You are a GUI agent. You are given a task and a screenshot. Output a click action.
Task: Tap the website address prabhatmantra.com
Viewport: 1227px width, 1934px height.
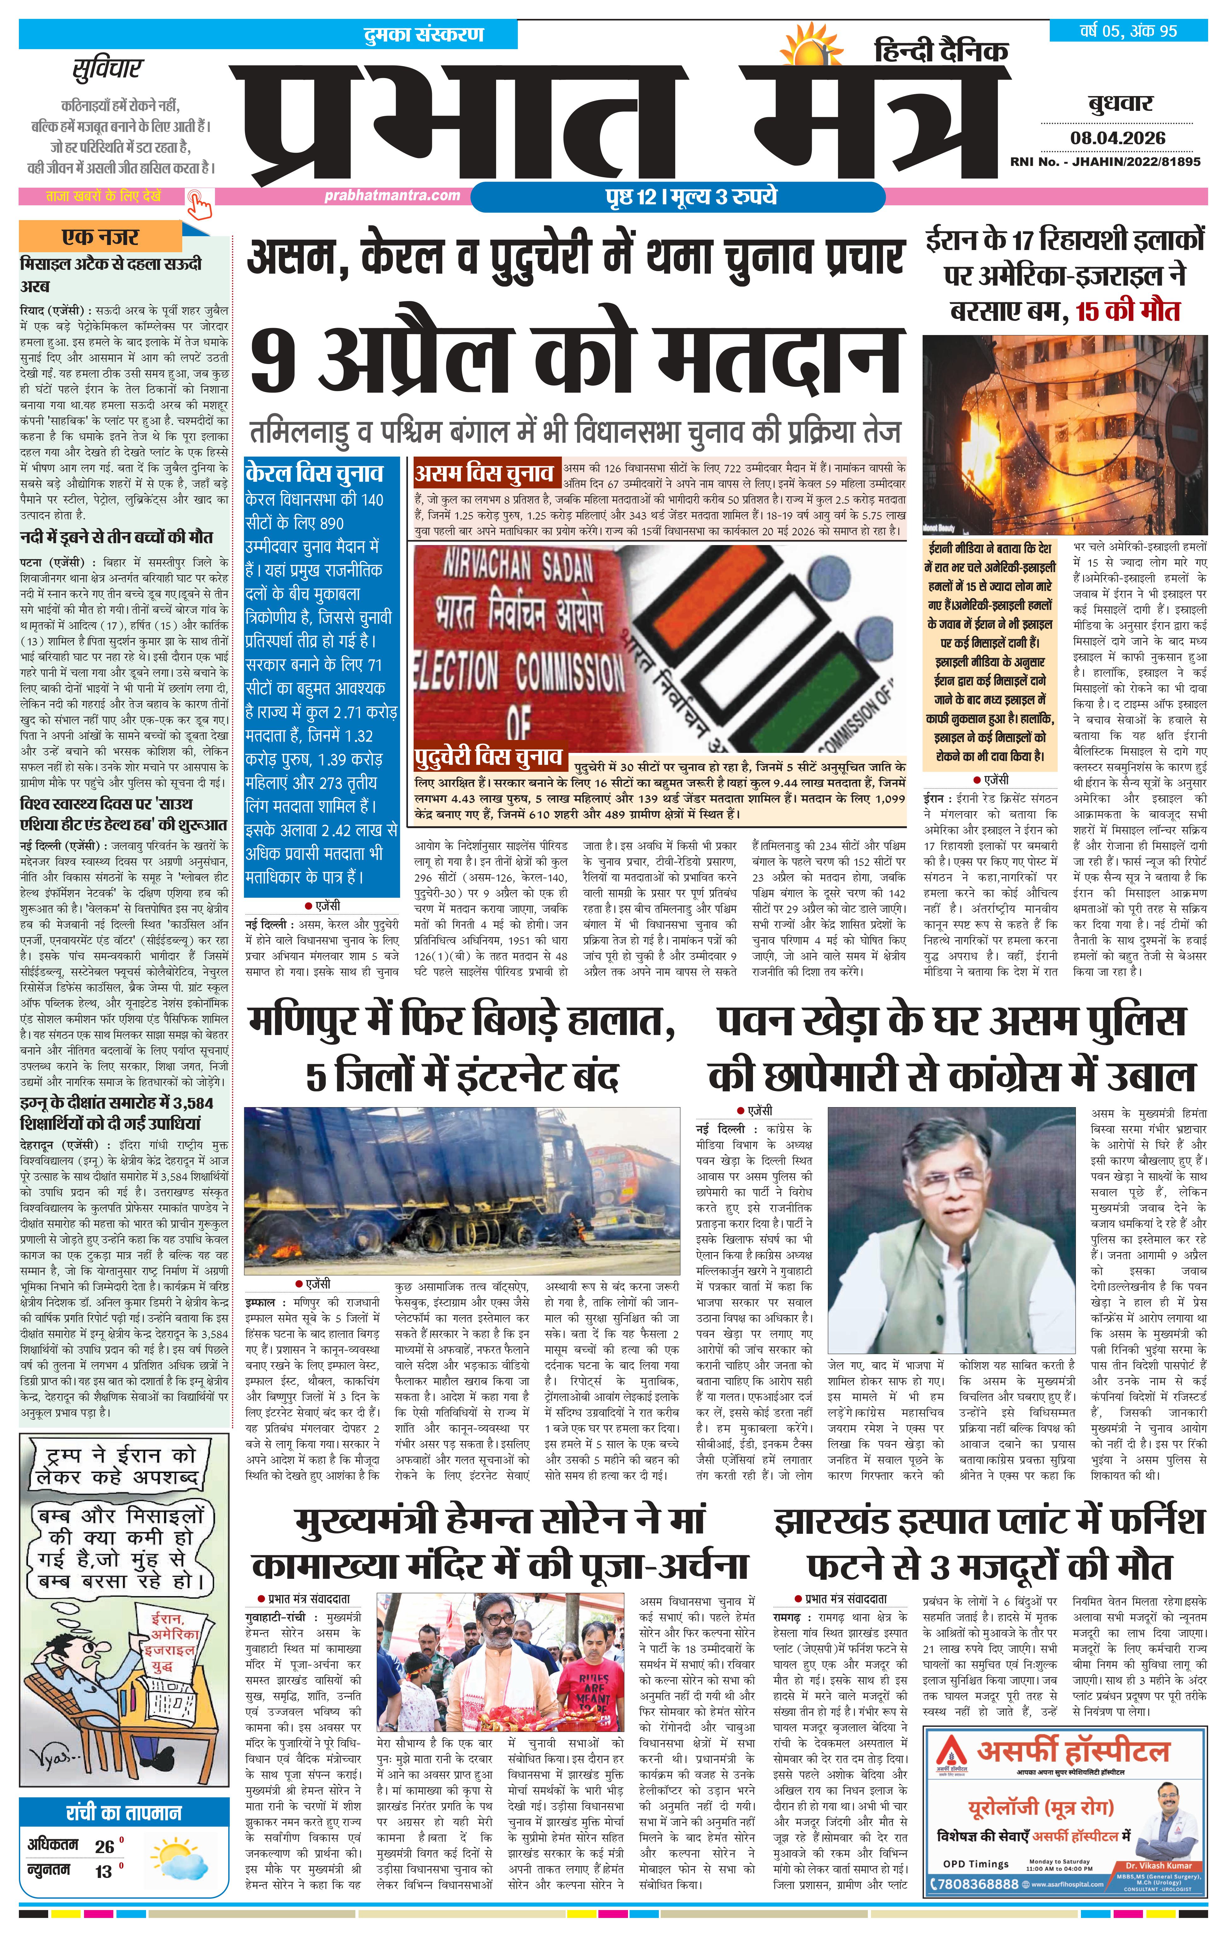point(393,195)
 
